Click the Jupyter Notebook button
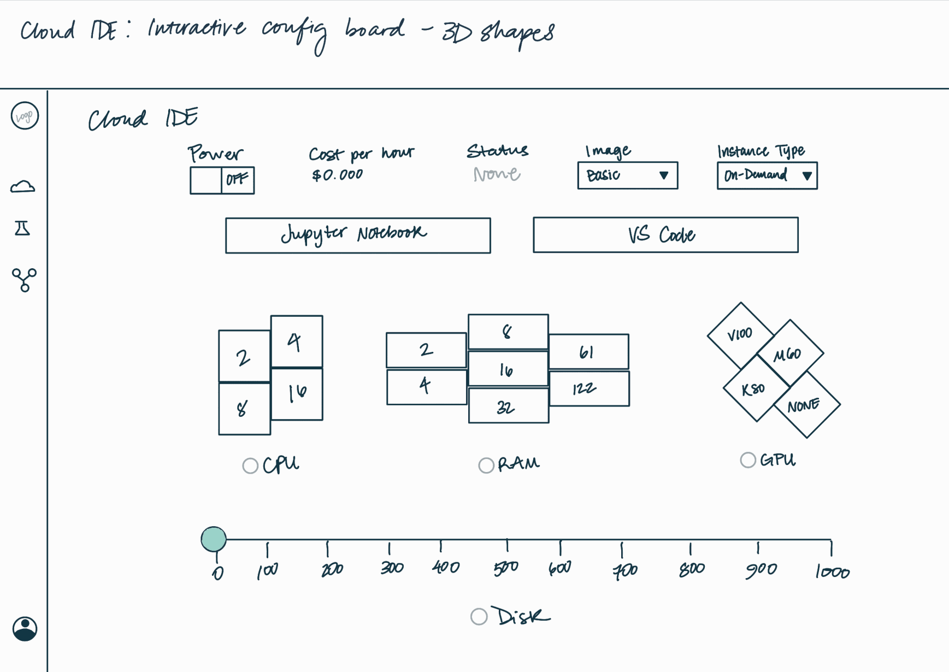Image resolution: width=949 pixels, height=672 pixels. click(358, 235)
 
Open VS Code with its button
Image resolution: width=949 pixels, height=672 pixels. click(665, 235)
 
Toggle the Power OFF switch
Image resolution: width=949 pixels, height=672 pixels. click(222, 180)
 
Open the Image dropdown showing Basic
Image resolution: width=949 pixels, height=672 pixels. click(628, 175)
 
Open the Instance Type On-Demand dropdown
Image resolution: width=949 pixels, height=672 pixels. click(767, 175)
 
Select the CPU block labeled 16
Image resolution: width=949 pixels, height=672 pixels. click(297, 394)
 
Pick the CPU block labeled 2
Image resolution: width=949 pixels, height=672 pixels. click(244, 356)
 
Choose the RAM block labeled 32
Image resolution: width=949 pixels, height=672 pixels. click(509, 405)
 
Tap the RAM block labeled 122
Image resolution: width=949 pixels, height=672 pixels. click(589, 388)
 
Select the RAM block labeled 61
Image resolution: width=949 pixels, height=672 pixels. click(589, 352)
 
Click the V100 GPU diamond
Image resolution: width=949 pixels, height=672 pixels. click(740, 335)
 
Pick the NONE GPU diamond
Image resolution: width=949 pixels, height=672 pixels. click(807, 404)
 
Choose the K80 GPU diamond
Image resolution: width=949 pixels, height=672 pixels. click(757, 388)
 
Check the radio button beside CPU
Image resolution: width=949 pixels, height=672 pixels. click(250, 465)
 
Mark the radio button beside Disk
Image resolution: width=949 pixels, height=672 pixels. click(479, 616)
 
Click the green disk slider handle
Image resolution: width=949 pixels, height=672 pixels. click(214, 539)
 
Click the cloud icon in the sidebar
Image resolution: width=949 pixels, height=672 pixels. click(23, 187)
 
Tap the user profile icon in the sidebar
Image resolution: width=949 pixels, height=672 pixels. click(25, 629)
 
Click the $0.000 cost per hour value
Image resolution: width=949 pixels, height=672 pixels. click(337, 175)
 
